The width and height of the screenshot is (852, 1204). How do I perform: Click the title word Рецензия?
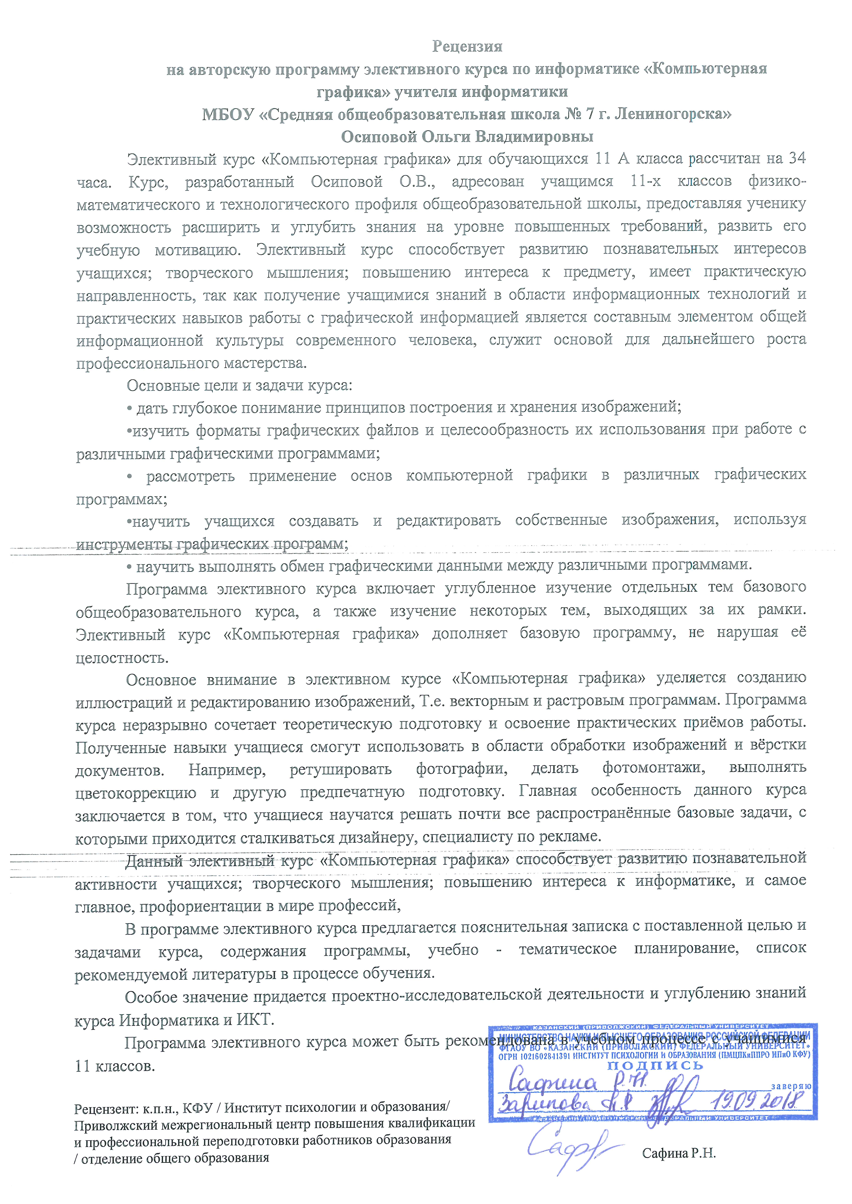pyautogui.click(x=467, y=47)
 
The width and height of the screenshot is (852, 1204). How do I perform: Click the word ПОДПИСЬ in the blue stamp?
pyautogui.click(x=655, y=1066)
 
